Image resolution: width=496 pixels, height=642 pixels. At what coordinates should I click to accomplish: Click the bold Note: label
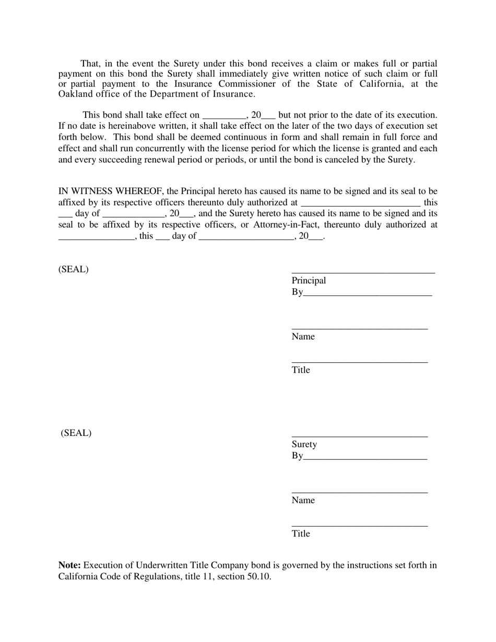click(x=69, y=565)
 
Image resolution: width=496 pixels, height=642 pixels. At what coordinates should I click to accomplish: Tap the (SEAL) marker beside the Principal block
click(x=74, y=269)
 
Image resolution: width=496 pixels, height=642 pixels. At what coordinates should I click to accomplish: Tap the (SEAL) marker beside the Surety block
click(x=76, y=433)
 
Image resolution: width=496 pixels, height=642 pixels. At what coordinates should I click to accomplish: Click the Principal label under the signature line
click(x=309, y=281)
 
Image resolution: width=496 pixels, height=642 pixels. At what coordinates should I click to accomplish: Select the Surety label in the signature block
click(x=304, y=444)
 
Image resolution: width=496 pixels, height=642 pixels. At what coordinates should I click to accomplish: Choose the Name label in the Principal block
click(x=303, y=337)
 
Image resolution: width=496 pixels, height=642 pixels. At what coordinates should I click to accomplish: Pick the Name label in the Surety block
click(x=303, y=501)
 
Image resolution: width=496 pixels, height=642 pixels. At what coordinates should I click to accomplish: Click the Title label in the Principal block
click(x=301, y=370)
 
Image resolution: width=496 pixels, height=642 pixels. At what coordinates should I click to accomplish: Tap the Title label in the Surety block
click(x=301, y=533)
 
